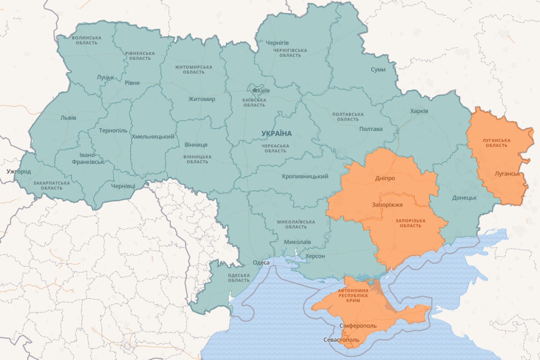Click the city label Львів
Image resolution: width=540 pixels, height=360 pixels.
tap(68, 118)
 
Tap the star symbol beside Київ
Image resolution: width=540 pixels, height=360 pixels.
tap(255, 90)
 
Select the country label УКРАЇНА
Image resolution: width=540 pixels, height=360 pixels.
tap(276, 133)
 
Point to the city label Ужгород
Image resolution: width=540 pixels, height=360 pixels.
tap(19, 171)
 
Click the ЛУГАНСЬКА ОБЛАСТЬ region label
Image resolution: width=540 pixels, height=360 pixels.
tap(497, 143)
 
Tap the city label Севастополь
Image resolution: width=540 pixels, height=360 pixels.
tap(341, 340)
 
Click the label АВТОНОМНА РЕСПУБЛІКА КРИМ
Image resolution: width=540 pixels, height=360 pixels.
tap(353, 295)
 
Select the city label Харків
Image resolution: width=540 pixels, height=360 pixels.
tap(419, 111)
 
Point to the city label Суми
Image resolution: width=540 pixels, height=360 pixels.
tap(378, 69)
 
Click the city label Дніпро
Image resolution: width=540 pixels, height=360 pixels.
tap(385, 178)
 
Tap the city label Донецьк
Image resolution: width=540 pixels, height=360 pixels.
tap(464, 198)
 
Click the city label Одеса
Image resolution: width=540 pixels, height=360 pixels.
tap(261, 263)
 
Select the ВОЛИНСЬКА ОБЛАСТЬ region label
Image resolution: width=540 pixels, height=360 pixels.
tap(86, 40)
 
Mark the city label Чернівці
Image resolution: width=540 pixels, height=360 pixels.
tap(123, 186)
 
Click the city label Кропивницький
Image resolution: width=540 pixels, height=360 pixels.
tap(305, 176)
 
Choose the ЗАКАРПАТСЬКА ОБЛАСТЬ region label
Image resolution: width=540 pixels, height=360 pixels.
tap(52, 185)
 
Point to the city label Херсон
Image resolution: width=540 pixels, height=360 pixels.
tap(315, 256)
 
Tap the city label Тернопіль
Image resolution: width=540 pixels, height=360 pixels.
tap(113, 130)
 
